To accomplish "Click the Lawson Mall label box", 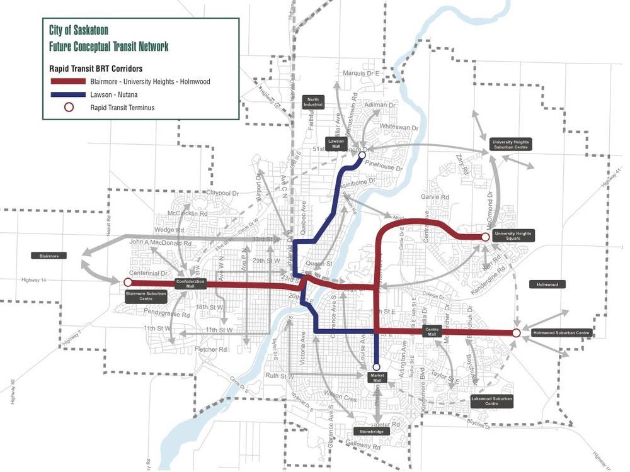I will click(x=336, y=143).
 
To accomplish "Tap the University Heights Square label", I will click(x=513, y=237).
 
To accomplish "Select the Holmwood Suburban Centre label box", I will click(x=561, y=332).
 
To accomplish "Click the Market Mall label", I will click(x=376, y=378).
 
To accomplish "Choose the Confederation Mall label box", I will click(x=191, y=283).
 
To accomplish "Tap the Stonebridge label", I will click(x=367, y=432).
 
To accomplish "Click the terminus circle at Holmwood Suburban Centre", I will click(x=516, y=333).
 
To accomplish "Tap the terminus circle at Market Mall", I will click(x=376, y=366).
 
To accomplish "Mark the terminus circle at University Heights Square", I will click(x=485, y=237).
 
